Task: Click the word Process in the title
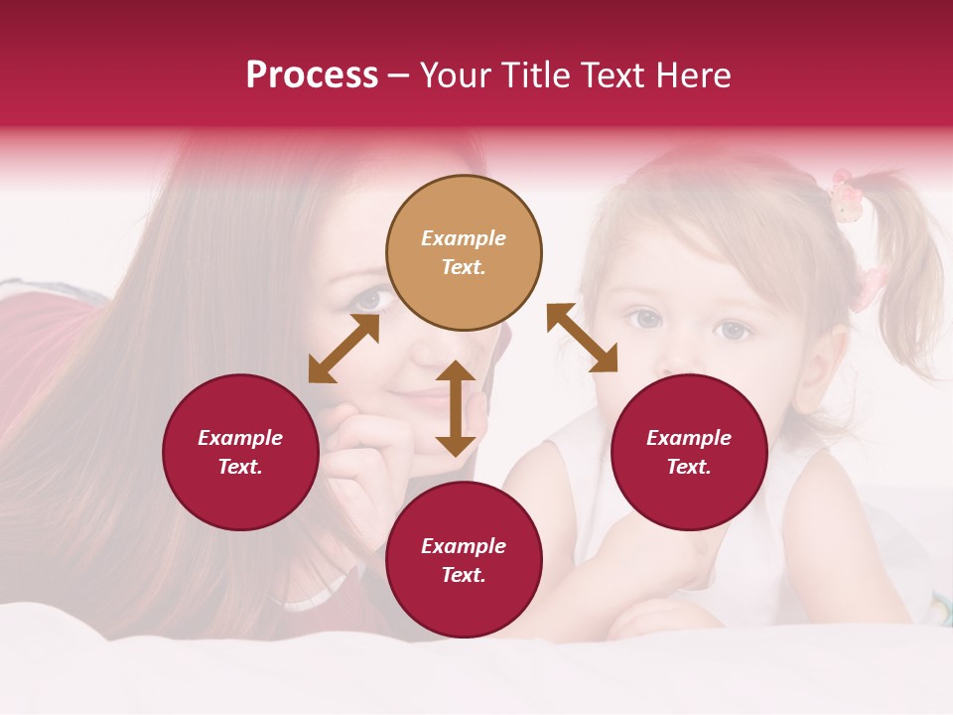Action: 312,75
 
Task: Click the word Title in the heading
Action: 527,75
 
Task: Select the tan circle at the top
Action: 464,252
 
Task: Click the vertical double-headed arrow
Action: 456,408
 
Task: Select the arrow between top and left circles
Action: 343,349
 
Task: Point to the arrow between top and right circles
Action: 582,338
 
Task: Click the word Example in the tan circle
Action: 464,238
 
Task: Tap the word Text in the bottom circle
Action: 464,575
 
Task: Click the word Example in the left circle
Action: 240,438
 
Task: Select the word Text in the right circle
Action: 689,467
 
